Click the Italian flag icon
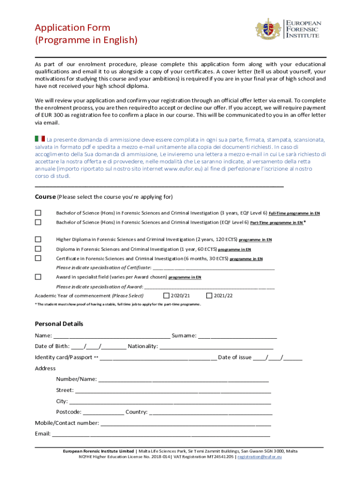click(40, 139)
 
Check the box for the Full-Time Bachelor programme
click(38, 213)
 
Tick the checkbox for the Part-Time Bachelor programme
click(38, 222)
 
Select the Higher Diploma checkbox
click(38, 239)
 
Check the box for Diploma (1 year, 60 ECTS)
click(38, 249)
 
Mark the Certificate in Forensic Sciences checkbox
click(38, 258)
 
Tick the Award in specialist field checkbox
click(38, 277)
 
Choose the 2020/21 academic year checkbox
click(166, 295)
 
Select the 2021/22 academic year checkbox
click(209, 295)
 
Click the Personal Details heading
click(59, 324)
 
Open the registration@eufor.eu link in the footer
click(259, 457)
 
